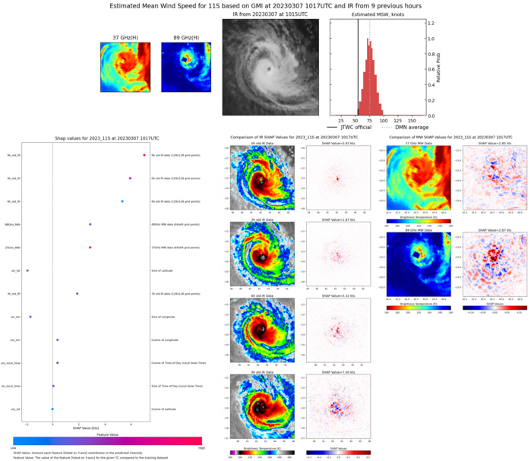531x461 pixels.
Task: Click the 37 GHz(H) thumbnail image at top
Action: pos(125,67)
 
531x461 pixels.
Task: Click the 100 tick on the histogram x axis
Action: pos(384,120)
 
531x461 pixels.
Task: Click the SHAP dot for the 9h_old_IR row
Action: pos(144,155)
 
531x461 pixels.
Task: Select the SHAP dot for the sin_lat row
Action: pos(27,270)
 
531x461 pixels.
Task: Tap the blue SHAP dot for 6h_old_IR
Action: pos(122,201)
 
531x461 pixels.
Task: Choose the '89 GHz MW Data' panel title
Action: pos(410,229)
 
